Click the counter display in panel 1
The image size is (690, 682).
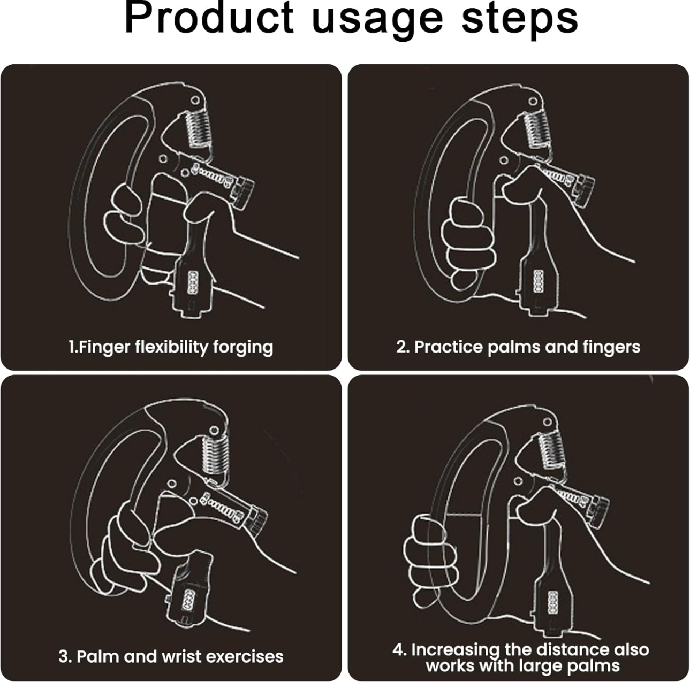193,282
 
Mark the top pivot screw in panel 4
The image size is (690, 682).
547,422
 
